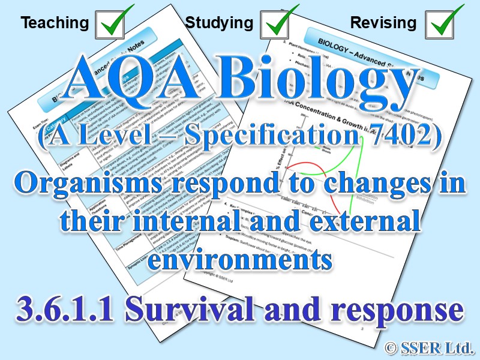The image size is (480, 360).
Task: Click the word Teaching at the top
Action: coord(55,23)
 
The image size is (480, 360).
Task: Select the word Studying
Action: coord(219,23)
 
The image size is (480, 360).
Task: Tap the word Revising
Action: coord(383,23)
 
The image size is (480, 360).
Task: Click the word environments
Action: coord(240,260)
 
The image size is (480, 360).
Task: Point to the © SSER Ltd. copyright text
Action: coord(428,347)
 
